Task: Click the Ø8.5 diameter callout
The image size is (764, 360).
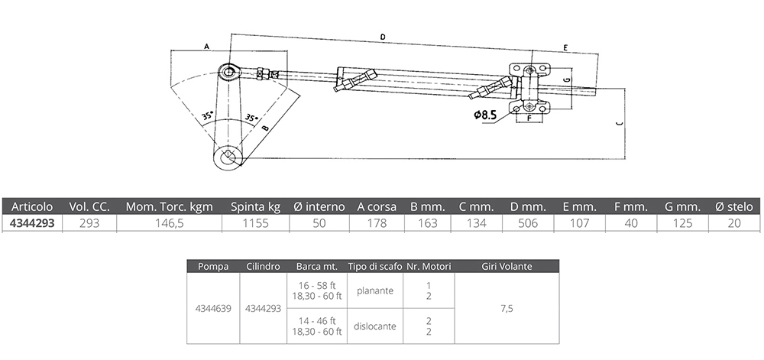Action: (486, 115)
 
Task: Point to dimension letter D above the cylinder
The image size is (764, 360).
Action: (382, 37)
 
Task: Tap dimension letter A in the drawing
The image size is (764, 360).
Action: (206, 47)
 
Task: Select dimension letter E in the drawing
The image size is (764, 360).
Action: (565, 48)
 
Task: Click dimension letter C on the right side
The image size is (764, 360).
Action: (618, 123)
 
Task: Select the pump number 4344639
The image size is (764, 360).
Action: (214, 309)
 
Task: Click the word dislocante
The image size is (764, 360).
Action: (374, 326)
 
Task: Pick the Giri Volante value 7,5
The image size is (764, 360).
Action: (507, 309)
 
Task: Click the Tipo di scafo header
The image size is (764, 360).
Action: (374, 267)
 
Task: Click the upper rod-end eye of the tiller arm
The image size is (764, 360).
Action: (229, 73)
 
